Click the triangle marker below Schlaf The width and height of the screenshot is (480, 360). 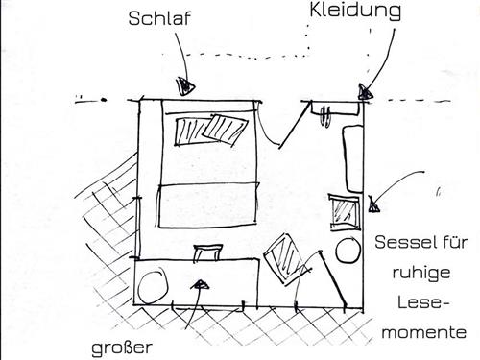pos(180,84)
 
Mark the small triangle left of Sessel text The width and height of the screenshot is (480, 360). pos(372,203)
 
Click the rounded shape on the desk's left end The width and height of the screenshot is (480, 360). pos(154,285)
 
